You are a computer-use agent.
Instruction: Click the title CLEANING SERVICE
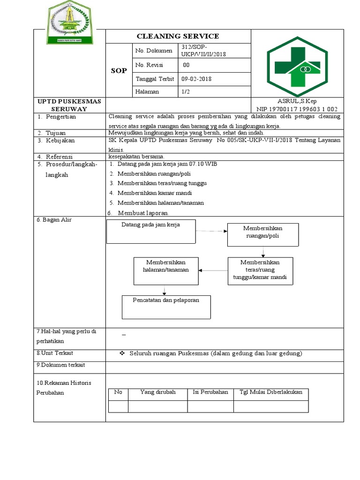pyautogui.click(x=178, y=36)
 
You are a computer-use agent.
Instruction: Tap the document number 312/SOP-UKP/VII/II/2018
pyautogui.click(x=203, y=51)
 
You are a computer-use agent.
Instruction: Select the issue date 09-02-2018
pyautogui.click(x=197, y=79)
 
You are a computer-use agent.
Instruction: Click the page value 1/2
pyautogui.click(x=186, y=92)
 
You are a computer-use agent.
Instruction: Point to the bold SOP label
pyautogui.click(x=119, y=70)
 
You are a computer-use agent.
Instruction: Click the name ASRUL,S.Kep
pyautogui.click(x=297, y=101)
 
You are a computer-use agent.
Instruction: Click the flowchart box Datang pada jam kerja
pyautogui.click(x=151, y=232)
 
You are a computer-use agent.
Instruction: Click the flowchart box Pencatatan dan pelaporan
pyautogui.click(x=166, y=307)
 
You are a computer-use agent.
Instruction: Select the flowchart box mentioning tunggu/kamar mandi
pyautogui.click(x=260, y=270)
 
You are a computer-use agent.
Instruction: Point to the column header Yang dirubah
pyautogui.click(x=157, y=392)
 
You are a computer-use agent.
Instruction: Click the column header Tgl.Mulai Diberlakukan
pyautogui.click(x=270, y=392)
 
